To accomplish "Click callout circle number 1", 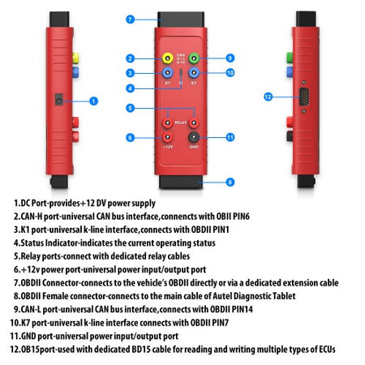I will click(94, 101).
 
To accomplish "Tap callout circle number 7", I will click(131, 18).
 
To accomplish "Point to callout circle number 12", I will click(268, 97).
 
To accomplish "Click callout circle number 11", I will click(230, 137).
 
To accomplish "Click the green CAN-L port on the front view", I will click(195, 58).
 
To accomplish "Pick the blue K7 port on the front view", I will click(195, 72).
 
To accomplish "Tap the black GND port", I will click(195, 137).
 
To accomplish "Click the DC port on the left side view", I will click(58, 100).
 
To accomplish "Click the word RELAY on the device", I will click(181, 122).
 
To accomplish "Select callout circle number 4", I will click(129, 88).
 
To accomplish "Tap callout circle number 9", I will click(230, 58).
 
